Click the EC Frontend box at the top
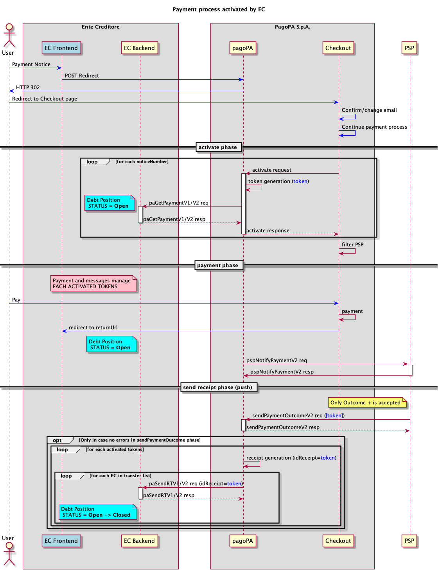pos(61,48)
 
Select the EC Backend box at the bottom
pos(140,541)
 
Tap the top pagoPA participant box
pos(242,48)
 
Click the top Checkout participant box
pos(338,48)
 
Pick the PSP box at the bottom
pos(409,541)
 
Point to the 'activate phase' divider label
pos(218,147)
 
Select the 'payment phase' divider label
pos(218,266)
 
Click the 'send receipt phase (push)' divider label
pos(218,388)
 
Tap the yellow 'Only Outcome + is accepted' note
pos(366,402)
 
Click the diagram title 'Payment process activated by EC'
pos(219,9)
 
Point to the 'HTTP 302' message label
pos(28,88)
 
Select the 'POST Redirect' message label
pos(82,76)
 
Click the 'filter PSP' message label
pos(352,245)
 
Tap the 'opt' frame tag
pos(57,440)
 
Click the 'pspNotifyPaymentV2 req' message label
pos(277,361)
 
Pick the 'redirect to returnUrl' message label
pos(93,328)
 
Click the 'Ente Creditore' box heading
pos(101,27)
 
